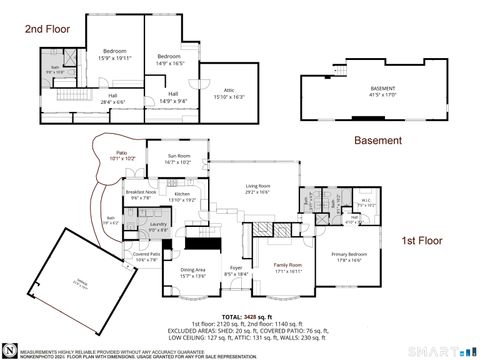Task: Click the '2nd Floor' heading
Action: click(46, 31)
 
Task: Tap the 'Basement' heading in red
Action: click(378, 141)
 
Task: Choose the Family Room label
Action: click(288, 266)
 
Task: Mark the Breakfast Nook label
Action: click(140, 194)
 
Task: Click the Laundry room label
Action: click(158, 226)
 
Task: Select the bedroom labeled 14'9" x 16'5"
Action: click(168, 59)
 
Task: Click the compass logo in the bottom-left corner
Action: click(8, 350)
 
